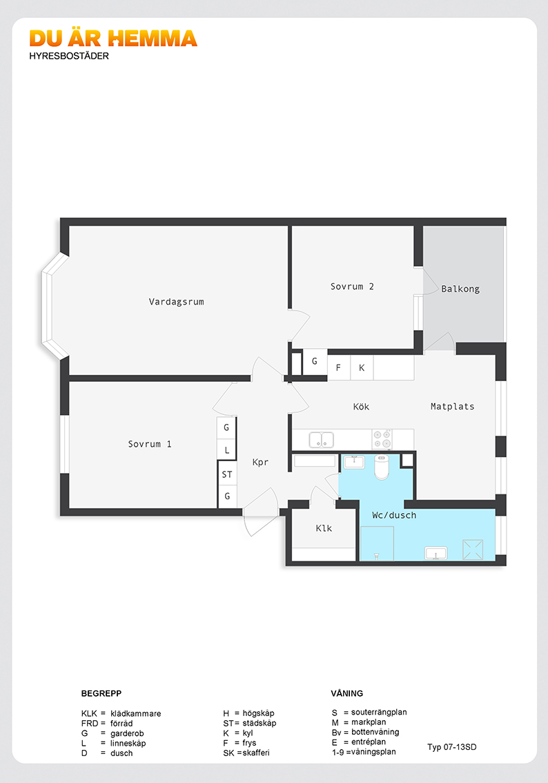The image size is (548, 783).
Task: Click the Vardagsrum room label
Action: point(176,302)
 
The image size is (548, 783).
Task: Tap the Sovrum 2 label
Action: point(352,287)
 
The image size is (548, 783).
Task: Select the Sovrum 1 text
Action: point(150,444)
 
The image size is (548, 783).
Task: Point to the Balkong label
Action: point(460,289)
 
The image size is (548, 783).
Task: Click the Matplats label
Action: point(453,407)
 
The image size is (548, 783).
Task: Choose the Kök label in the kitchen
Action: point(362,407)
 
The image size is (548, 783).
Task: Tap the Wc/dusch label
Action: point(394,515)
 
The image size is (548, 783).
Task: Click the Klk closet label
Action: point(324,528)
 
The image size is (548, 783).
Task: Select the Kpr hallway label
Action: point(260,462)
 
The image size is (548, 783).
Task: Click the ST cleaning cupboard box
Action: point(227,474)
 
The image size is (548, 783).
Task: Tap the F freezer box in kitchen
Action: point(339,367)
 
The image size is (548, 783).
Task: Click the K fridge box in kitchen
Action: point(362,367)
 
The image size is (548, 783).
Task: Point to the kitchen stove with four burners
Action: point(382,439)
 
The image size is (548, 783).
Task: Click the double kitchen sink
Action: point(322,440)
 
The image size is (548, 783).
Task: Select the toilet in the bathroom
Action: point(382,466)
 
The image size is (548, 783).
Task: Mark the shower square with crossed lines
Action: point(473,549)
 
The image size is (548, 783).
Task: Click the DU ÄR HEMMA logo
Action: point(113,39)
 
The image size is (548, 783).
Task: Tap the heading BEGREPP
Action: point(101,693)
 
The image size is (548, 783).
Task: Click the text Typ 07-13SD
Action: point(451,747)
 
